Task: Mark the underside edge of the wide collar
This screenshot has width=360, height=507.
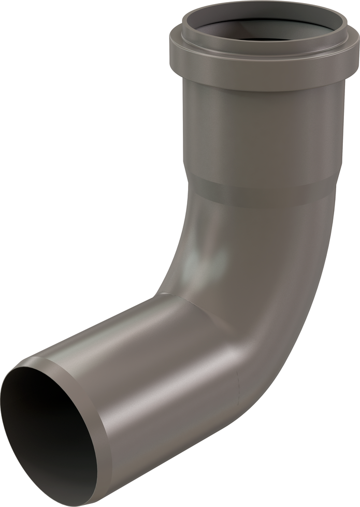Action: [x=259, y=89]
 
